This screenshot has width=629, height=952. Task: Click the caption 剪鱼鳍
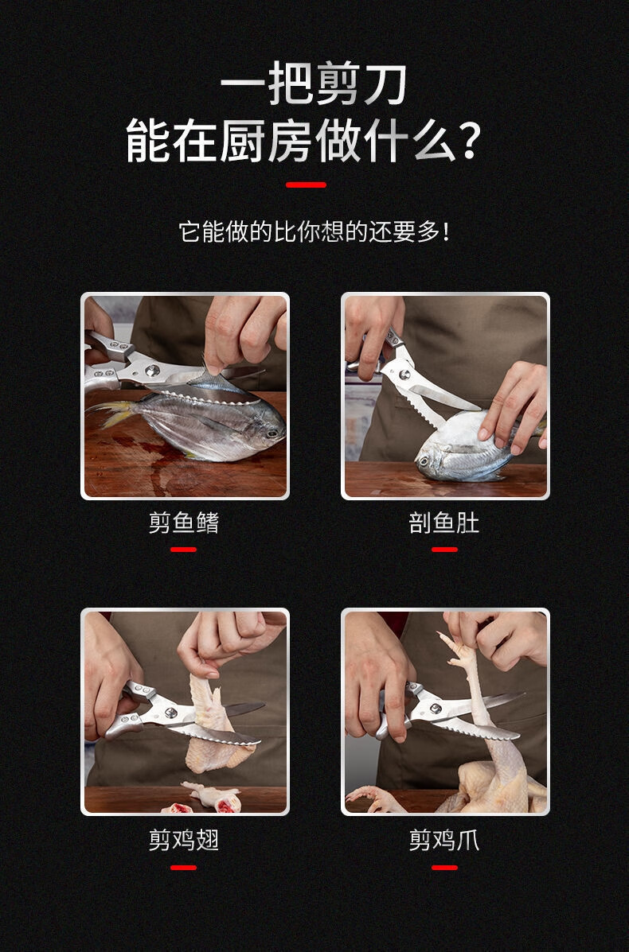(184, 523)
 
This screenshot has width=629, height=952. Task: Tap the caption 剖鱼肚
(444, 523)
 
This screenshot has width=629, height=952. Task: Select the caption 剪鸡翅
(184, 841)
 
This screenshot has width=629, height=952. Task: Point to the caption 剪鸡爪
(444, 841)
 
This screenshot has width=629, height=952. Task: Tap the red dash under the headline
(306, 185)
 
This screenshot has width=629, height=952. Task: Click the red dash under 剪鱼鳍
(184, 550)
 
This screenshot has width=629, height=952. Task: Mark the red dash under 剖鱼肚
(444, 550)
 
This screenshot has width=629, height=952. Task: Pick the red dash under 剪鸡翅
(184, 868)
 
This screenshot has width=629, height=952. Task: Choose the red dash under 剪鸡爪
(444, 868)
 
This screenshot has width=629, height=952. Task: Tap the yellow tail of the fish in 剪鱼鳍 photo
(111, 414)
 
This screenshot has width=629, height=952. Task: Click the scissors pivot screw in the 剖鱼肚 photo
(404, 375)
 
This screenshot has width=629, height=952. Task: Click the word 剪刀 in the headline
(361, 84)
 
